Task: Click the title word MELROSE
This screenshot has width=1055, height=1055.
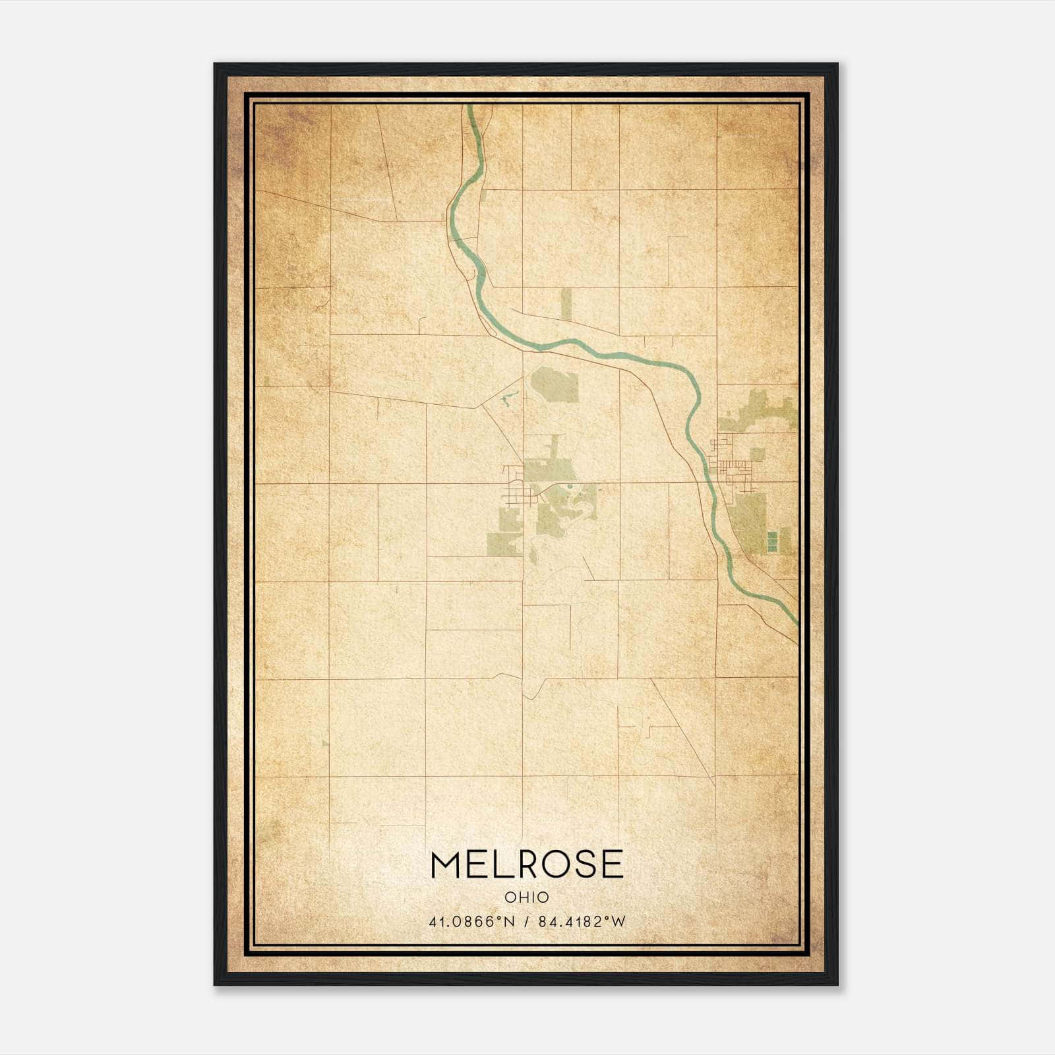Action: [526, 864]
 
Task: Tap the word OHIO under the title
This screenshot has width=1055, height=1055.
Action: [526, 897]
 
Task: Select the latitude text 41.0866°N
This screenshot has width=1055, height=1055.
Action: [471, 922]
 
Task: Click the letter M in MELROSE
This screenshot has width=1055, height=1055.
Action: [446, 864]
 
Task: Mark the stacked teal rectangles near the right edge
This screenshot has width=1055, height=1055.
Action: [771, 541]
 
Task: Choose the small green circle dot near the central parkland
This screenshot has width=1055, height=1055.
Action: [568, 489]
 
